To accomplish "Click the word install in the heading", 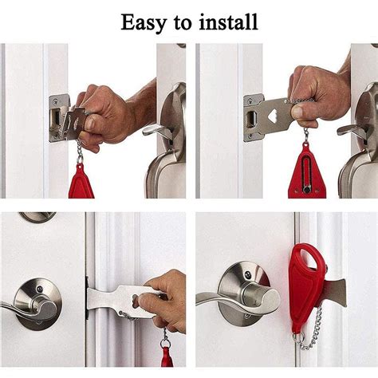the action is coord(228,22).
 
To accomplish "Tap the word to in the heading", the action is coord(183,23).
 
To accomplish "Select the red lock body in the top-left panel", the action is coord(81,182).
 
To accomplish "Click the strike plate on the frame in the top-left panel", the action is coord(57,118).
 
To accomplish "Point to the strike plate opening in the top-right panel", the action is coord(251,118).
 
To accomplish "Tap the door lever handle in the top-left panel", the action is coord(157,131).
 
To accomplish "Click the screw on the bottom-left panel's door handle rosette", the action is coord(40,289).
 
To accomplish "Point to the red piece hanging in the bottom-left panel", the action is coord(166,356).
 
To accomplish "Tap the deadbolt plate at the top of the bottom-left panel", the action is coord(37,216).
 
